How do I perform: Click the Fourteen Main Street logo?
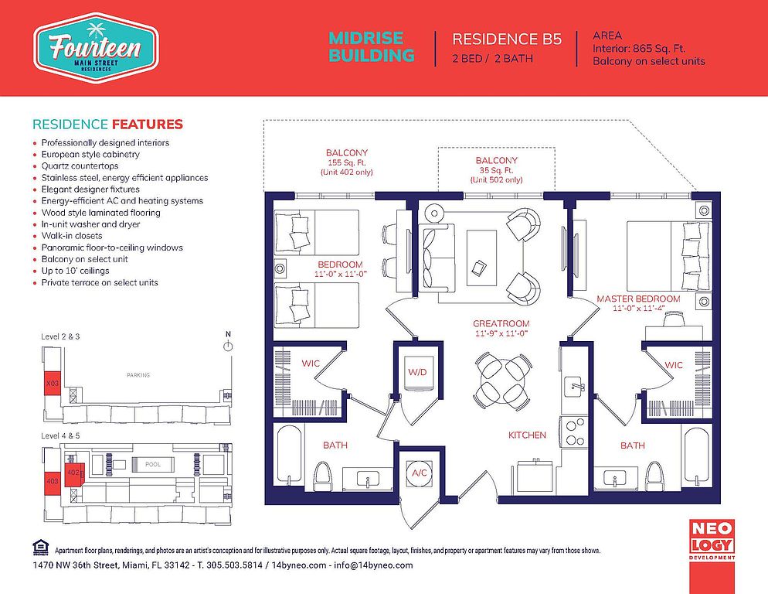coord(96,48)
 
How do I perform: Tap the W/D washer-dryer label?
coord(417,372)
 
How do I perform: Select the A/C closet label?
coord(420,473)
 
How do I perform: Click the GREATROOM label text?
coord(501,324)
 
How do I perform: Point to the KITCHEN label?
coord(527,435)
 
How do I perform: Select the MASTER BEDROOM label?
coord(638,299)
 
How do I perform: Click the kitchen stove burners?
coord(574,431)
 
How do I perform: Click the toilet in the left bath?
coord(322,476)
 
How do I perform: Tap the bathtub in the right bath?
coord(697,456)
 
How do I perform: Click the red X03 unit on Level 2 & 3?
coord(52,383)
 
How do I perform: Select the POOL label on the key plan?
coord(153,464)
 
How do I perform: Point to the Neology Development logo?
coord(712,539)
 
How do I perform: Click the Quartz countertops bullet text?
coord(80,166)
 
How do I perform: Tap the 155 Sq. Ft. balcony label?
coord(347,162)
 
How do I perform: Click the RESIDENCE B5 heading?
coord(507,39)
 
